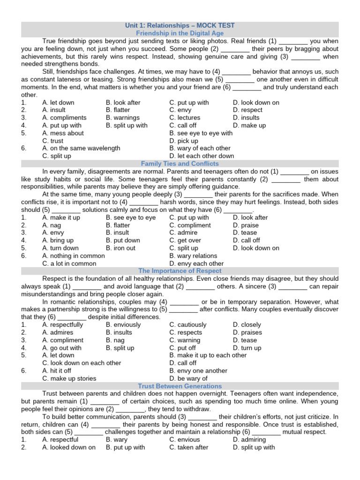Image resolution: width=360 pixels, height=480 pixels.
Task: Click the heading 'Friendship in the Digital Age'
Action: pyautogui.click(x=180, y=33)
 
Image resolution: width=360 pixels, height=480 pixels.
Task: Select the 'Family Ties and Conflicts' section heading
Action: pyautogui.click(x=180, y=164)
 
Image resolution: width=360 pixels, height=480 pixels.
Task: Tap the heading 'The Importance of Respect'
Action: pyautogui.click(x=180, y=271)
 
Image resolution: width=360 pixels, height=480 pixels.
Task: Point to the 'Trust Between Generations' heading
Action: pyautogui.click(x=180, y=386)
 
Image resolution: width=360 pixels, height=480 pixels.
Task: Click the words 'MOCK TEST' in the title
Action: pyautogui.click(x=216, y=25)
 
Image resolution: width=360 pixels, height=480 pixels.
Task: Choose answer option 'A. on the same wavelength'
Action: pyautogui.click(x=81, y=148)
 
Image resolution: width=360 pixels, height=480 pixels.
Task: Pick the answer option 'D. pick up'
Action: pyautogui.click(x=184, y=141)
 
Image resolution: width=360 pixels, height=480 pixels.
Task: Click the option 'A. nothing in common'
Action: pyautogui.click(x=73, y=256)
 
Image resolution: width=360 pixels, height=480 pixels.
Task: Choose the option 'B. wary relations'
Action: pyautogui.click(x=193, y=256)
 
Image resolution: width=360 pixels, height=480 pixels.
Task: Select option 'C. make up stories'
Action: pyautogui.click(x=69, y=378)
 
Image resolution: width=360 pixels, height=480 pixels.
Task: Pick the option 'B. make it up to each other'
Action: pyautogui.click(x=208, y=355)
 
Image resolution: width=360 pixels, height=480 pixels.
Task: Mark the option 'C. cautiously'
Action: pyautogui.click(x=187, y=324)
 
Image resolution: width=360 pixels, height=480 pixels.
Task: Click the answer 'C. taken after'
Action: pyautogui.click(x=189, y=447)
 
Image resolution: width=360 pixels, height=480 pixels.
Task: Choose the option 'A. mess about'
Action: pyautogui.click(x=63, y=133)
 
